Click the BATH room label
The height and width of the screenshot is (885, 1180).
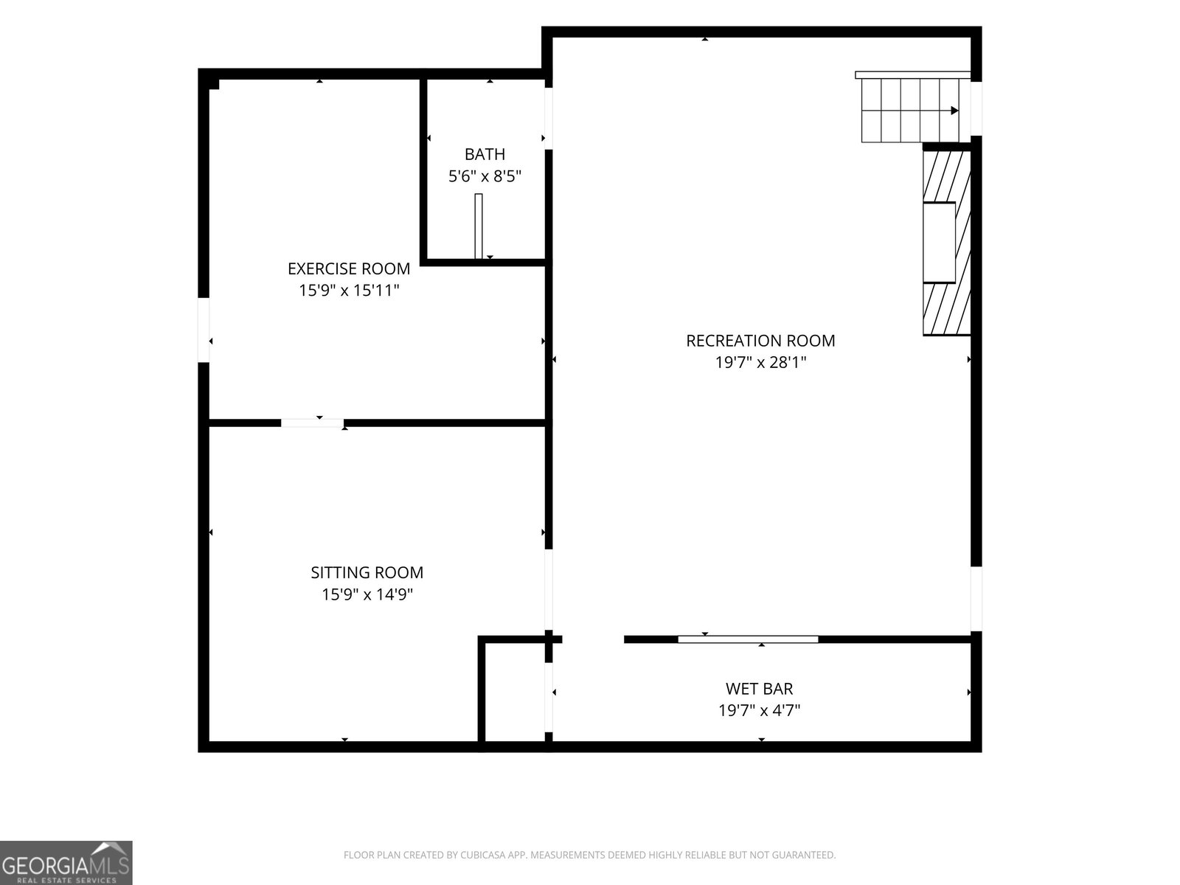(x=485, y=154)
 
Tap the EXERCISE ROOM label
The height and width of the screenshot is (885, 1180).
(x=348, y=268)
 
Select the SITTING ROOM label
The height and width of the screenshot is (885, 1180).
(x=367, y=572)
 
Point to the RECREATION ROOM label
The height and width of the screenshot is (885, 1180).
(x=760, y=340)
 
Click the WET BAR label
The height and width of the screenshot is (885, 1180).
(x=759, y=688)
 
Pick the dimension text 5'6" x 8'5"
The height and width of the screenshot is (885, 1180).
(x=485, y=176)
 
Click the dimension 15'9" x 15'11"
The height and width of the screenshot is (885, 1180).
(x=349, y=290)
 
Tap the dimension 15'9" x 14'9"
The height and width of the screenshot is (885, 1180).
(x=367, y=594)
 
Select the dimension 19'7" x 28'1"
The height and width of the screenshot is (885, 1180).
(x=760, y=362)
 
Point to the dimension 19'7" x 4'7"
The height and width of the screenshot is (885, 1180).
(x=759, y=710)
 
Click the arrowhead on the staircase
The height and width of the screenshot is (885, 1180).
(x=954, y=111)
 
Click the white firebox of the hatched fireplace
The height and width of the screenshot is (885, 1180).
(x=939, y=243)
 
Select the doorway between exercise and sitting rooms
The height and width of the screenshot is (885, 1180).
(x=313, y=423)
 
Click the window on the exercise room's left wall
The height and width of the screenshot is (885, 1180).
(x=204, y=330)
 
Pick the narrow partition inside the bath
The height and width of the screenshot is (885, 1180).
(x=479, y=226)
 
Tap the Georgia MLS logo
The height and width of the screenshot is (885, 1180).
(x=66, y=862)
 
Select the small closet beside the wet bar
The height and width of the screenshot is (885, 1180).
(x=515, y=692)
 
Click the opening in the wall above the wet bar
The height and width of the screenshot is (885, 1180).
(x=593, y=639)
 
